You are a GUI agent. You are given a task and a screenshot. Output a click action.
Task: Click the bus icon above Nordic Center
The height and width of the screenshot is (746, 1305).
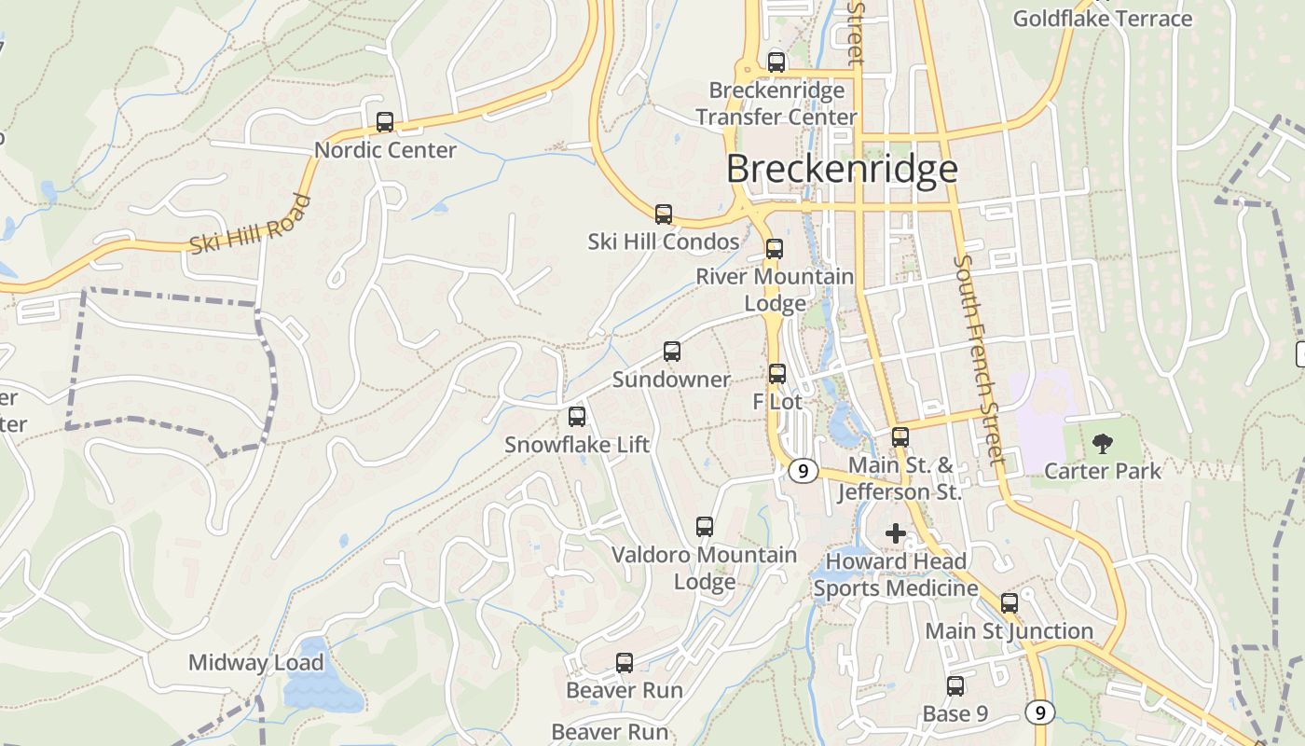[384, 122]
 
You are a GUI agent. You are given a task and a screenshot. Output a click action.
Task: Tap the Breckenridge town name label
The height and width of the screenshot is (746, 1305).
[842, 169]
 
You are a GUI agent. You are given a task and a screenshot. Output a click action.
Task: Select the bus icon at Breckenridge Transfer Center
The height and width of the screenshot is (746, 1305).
[776, 62]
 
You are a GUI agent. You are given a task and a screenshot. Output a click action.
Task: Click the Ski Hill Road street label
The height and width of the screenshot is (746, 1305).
[251, 224]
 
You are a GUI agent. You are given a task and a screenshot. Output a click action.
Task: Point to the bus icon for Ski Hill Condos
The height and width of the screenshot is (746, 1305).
[663, 214]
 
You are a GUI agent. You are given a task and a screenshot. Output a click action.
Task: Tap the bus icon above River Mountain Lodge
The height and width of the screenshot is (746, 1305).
[774, 249]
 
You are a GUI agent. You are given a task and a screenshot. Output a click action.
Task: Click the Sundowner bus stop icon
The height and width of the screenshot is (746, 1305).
[671, 352]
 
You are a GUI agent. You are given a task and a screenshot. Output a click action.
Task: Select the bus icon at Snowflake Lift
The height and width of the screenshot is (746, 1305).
[576, 417]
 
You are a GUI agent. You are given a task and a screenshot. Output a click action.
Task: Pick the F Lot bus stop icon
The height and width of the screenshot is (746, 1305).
[776, 374]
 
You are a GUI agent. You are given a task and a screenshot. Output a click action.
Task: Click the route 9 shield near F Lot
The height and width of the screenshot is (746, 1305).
[803, 471]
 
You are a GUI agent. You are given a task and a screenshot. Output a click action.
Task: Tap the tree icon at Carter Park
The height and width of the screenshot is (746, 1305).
[1102, 443]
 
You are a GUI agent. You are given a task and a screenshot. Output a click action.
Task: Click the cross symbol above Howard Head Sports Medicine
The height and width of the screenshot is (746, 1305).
[895, 533]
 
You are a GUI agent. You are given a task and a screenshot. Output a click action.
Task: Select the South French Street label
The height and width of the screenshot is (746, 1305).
[978, 359]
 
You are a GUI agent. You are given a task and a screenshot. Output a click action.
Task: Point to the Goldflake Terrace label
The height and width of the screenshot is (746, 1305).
[1102, 19]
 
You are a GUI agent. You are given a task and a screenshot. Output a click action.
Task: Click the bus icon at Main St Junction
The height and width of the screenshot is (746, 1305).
[1009, 603]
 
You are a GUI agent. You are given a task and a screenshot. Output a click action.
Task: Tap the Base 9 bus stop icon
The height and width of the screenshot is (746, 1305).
[955, 686]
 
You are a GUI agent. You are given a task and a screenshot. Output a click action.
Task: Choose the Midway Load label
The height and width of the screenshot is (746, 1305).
[256, 663]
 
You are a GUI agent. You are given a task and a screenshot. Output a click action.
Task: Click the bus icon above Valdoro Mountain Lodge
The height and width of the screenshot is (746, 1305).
[705, 527]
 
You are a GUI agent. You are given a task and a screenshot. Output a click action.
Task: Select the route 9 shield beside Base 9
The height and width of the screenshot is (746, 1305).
[1039, 712]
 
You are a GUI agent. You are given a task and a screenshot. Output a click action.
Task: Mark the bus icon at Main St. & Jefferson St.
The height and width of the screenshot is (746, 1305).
[900, 436]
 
